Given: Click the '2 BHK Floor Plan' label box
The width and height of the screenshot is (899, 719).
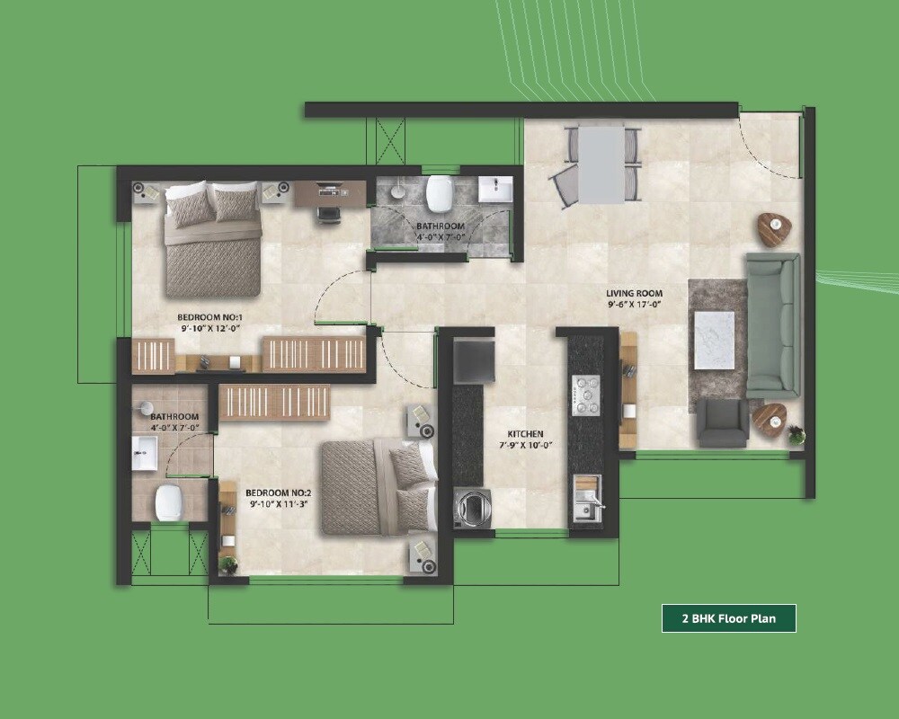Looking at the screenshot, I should (x=728, y=618).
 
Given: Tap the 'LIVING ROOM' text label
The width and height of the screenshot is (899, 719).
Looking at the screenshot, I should (x=633, y=293).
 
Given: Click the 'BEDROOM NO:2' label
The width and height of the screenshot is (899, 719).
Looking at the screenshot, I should (x=278, y=493).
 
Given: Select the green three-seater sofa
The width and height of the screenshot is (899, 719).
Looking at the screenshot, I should (x=773, y=324).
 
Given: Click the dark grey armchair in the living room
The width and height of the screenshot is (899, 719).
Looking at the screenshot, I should (x=723, y=423).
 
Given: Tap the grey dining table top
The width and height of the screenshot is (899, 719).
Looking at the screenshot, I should (x=601, y=164).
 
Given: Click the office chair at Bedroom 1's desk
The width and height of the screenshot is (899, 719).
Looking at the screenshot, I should (x=328, y=212).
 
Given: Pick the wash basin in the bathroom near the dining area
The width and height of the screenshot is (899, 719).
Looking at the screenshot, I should (x=494, y=190).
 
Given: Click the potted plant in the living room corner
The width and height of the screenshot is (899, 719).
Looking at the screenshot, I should (x=797, y=436).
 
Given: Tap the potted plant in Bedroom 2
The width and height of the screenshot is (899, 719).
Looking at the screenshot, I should (x=228, y=564).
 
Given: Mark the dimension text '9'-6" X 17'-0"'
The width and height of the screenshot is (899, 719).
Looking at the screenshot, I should (x=634, y=305).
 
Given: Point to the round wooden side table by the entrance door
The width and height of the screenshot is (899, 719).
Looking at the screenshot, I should (x=773, y=228).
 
